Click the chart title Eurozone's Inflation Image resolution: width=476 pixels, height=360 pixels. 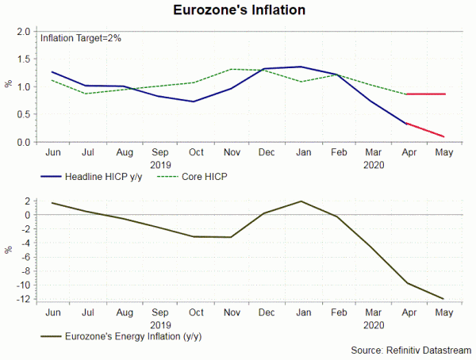click(x=238, y=11)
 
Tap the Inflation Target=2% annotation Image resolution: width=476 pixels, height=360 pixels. click(x=80, y=38)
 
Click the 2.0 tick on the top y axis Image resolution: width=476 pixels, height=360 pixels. click(x=25, y=32)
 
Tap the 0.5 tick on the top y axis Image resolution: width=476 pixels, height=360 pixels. click(x=25, y=114)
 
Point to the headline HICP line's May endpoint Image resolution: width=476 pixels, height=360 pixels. click(x=443, y=137)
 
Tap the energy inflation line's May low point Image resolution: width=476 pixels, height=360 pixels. click(x=443, y=299)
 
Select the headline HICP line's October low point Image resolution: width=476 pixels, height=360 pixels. click(x=193, y=101)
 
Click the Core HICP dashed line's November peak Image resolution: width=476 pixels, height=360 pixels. click(x=229, y=69)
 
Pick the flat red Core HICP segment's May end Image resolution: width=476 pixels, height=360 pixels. click(x=443, y=94)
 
